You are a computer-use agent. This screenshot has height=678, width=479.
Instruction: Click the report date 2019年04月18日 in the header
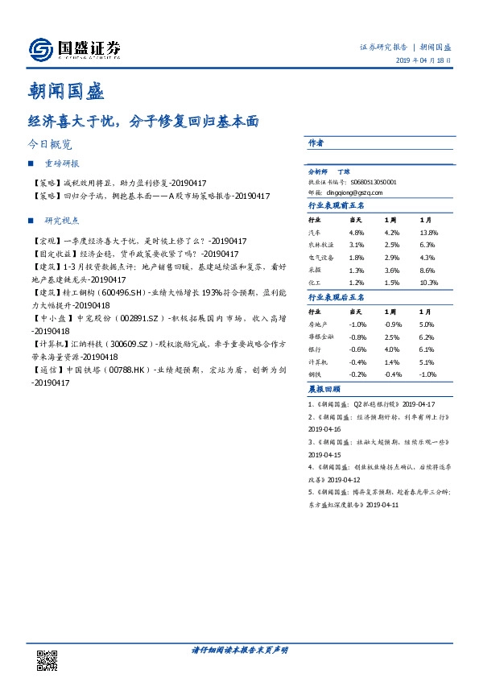[x=423, y=61]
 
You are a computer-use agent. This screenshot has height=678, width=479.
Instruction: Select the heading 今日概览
[x=50, y=146]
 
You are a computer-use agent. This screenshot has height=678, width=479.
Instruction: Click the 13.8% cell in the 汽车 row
[x=427, y=232]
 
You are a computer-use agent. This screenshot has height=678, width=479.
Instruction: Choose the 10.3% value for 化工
[x=427, y=283]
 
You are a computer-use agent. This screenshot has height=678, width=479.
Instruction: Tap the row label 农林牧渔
[x=321, y=245]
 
